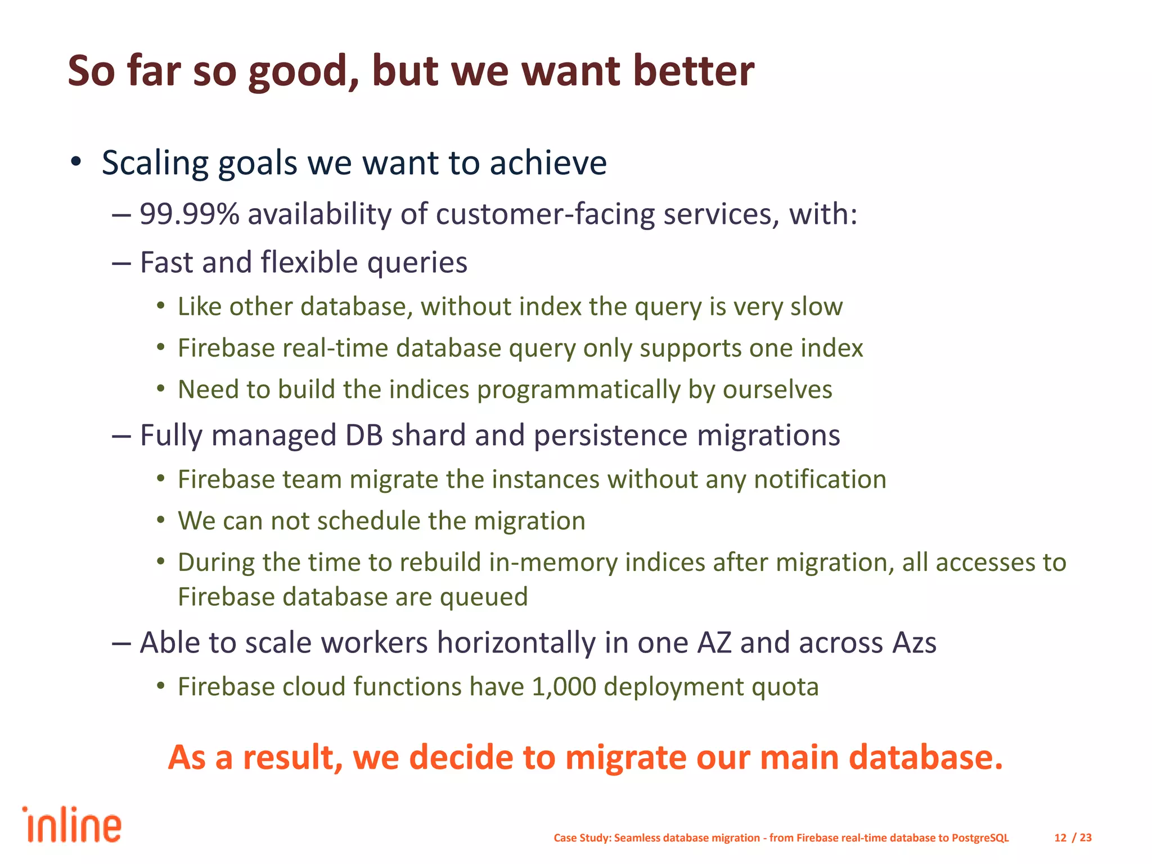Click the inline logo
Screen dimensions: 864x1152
[72, 825]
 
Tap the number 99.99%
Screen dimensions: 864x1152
[190, 214]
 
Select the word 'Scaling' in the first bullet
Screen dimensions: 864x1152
[155, 164]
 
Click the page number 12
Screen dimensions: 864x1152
[1060, 838]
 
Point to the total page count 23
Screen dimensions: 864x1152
[1086, 838]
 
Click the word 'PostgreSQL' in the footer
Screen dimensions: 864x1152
[980, 838]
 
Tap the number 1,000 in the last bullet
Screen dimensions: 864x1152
[563, 687]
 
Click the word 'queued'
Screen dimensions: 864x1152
[484, 597]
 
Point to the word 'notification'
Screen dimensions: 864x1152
[820, 480]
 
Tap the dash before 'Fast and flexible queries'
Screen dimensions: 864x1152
[121, 263]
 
